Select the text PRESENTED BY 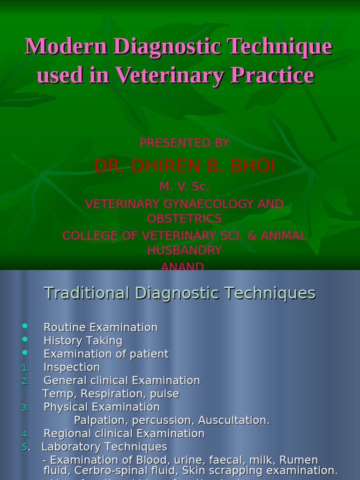pos(184,143)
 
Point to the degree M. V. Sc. pos(184,186)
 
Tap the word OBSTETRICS pos(184,219)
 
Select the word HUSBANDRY pos(184,251)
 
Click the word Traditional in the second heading pos(87,293)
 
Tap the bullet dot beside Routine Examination pos(25,326)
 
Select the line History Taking pos(83,341)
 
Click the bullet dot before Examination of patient pos(25,352)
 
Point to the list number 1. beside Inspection pos(25,368)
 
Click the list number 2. pos(25,381)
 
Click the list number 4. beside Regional pos(25,434)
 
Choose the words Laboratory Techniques pos(104,447)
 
